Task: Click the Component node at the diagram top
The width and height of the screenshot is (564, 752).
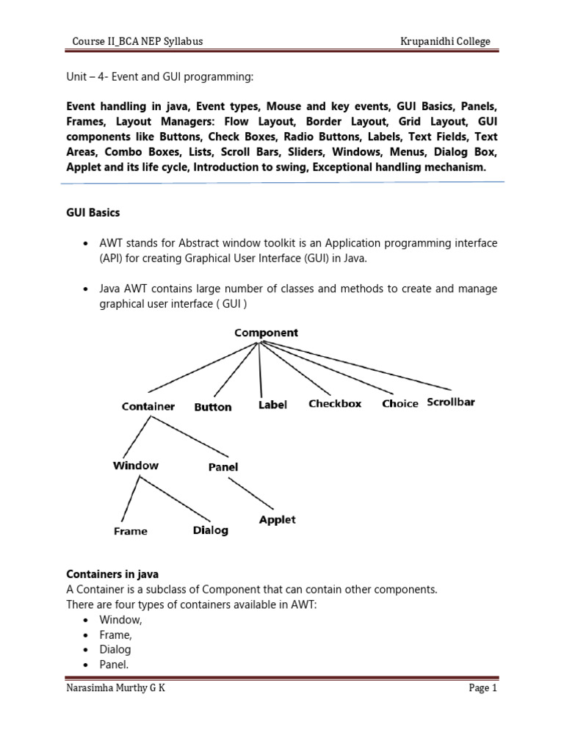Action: click(x=266, y=333)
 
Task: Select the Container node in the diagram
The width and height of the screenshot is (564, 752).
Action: click(x=148, y=406)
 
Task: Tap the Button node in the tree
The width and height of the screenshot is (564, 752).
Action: click(x=213, y=407)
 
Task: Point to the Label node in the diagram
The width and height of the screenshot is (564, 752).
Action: click(x=272, y=405)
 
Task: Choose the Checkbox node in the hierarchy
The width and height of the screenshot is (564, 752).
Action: click(x=335, y=403)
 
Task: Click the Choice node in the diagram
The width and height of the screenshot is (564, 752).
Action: click(x=400, y=404)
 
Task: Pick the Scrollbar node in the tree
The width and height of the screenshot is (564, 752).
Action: click(x=451, y=402)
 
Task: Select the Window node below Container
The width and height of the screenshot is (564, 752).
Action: click(x=136, y=465)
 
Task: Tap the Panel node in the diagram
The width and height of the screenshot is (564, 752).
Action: click(x=223, y=467)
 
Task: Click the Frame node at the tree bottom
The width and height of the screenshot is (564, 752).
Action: click(x=131, y=531)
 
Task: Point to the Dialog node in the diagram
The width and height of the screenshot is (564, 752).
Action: click(x=211, y=530)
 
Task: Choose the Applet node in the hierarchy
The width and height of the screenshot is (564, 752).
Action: click(x=278, y=519)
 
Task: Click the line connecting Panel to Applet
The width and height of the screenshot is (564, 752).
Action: click(x=250, y=493)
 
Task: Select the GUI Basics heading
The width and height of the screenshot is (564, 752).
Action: click(x=93, y=213)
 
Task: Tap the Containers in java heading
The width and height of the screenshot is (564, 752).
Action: click(x=112, y=574)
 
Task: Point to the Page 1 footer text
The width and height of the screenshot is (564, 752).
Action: click(x=483, y=688)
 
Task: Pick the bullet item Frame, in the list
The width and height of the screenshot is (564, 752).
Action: click(x=116, y=634)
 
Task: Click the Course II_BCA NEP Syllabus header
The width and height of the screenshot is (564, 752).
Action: click(x=137, y=41)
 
